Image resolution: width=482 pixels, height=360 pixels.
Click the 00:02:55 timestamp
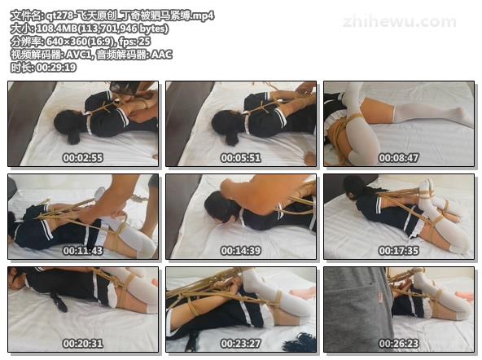tap(83, 158)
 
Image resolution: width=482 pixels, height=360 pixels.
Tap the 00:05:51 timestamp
tap(241, 158)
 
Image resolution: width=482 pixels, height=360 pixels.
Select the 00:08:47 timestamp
tap(399, 158)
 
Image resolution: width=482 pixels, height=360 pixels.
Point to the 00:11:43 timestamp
tap(83, 251)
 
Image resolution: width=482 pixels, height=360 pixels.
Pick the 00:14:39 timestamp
tap(241, 251)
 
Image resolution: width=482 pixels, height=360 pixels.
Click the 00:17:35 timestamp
tap(399, 251)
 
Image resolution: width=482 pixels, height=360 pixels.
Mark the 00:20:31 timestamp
tap(83, 344)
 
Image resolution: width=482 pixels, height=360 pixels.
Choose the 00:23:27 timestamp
tap(241, 344)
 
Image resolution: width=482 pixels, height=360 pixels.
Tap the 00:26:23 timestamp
tap(399, 344)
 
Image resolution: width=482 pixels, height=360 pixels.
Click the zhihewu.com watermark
tap(399, 22)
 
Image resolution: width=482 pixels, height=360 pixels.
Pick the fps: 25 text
tap(135, 42)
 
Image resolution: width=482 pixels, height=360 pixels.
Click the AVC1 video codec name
tap(79, 55)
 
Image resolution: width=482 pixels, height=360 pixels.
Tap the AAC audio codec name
tap(162, 55)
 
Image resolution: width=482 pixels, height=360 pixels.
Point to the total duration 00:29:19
tap(56, 68)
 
